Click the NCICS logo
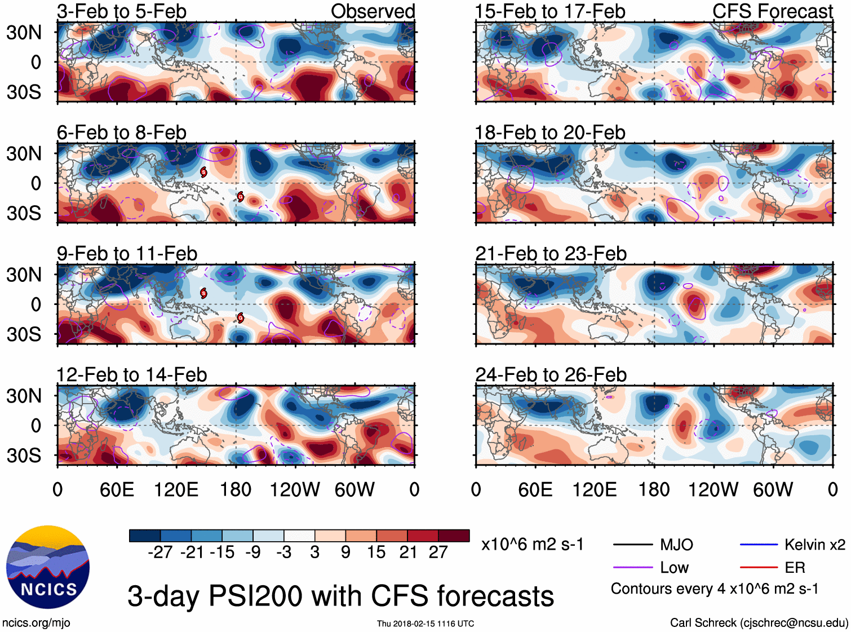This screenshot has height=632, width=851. (x=48, y=567)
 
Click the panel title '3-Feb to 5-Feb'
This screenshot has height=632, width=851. (x=121, y=11)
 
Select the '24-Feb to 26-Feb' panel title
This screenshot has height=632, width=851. (x=551, y=374)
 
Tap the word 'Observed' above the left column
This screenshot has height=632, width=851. (x=373, y=11)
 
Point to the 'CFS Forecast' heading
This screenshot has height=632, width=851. (x=772, y=11)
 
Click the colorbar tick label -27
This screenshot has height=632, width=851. (x=160, y=552)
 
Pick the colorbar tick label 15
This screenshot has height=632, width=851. (x=376, y=552)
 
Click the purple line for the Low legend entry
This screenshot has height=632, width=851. (x=632, y=568)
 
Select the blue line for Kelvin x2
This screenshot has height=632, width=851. (x=759, y=545)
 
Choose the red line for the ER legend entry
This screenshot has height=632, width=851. (x=759, y=568)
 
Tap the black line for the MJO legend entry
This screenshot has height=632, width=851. (x=632, y=545)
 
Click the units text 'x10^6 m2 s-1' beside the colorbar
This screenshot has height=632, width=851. (x=532, y=545)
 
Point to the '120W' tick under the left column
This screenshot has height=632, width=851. (x=295, y=489)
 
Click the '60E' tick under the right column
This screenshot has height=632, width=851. (x=535, y=489)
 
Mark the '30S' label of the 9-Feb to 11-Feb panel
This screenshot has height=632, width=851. (x=24, y=334)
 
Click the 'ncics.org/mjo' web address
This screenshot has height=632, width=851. (x=36, y=622)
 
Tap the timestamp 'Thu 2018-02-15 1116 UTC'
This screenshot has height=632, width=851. (x=425, y=624)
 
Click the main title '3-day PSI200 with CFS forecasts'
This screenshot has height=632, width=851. (x=340, y=596)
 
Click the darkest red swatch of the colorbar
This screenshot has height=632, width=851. (x=454, y=536)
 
